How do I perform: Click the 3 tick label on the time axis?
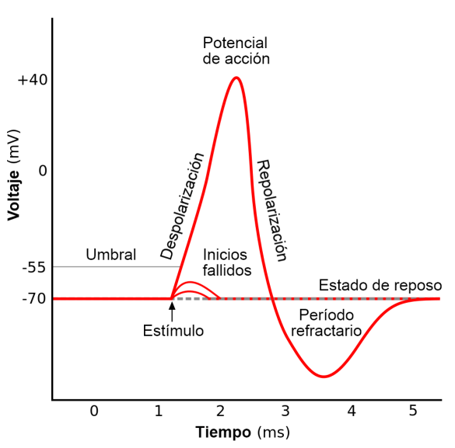(285, 410)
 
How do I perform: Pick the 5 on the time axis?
(413, 410)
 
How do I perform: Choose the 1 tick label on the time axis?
(158, 410)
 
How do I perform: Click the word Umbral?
(110, 255)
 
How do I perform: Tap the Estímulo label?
(173, 331)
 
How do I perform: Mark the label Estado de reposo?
(380, 285)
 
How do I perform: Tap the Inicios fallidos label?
(226, 262)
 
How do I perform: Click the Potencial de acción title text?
(236, 50)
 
